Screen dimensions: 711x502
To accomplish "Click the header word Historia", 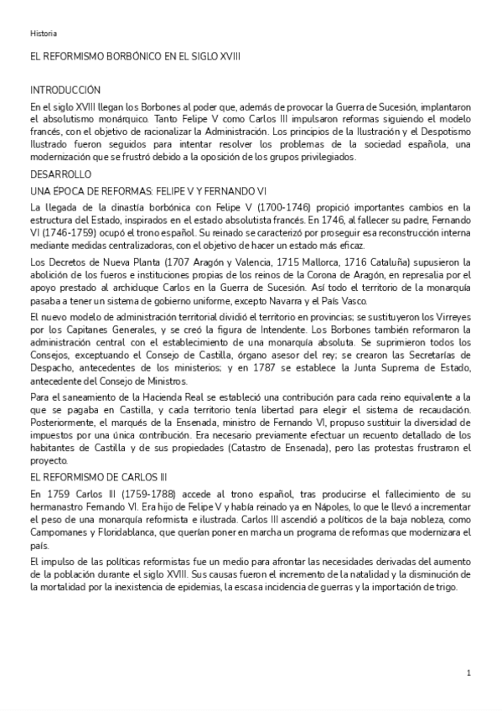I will click(44, 34).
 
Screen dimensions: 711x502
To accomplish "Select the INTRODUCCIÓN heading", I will click(65, 91).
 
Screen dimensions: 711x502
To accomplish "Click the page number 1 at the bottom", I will click(469, 672).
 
